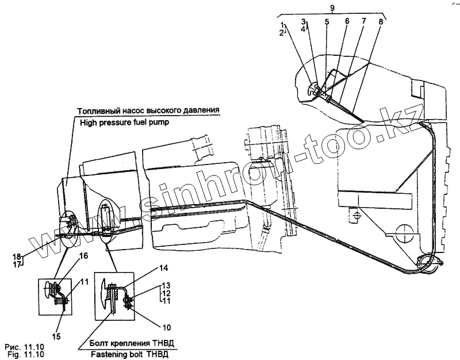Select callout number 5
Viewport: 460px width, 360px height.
(x=327, y=22)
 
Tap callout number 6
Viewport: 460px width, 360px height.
(x=347, y=22)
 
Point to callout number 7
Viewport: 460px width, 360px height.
(x=363, y=22)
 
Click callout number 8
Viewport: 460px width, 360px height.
(x=380, y=22)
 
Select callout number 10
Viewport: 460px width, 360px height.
(x=166, y=328)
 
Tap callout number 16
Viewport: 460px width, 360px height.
(x=83, y=256)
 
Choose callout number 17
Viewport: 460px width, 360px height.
(x=17, y=265)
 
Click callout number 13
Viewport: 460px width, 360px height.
(x=166, y=285)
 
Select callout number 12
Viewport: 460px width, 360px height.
(x=166, y=293)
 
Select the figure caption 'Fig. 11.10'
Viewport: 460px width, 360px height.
(x=24, y=355)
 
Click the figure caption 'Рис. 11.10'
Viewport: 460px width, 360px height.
(x=24, y=347)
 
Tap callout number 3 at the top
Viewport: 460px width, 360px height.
(x=304, y=21)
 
